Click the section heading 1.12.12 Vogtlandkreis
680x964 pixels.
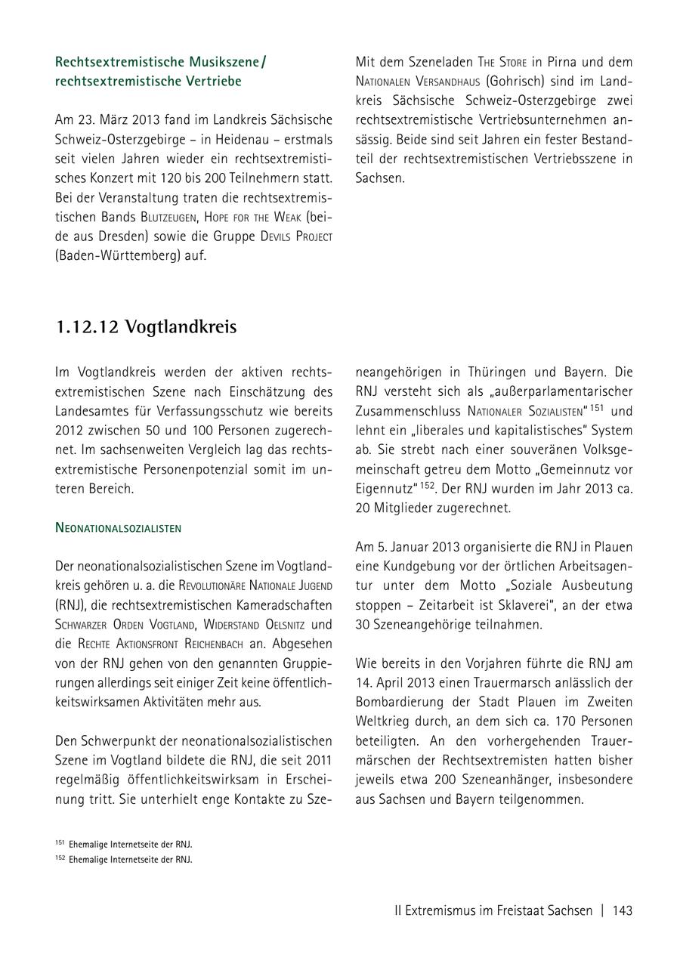[x=146, y=327]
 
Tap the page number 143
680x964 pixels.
[x=623, y=910]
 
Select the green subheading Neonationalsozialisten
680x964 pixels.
[x=118, y=528]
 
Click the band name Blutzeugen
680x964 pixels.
[x=172, y=216]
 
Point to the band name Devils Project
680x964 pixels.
[x=296, y=236]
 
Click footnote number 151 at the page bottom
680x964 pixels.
[x=60, y=842]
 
